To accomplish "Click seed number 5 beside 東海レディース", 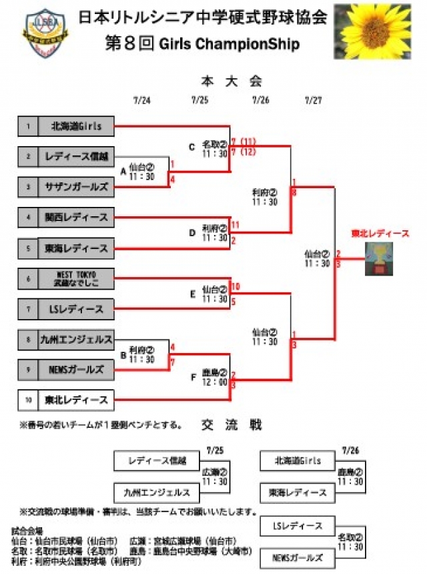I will (x=28, y=248).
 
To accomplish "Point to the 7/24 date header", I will (x=141, y=101).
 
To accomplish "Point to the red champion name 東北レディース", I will (x=380, y=234).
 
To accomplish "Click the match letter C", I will (x=192, y=147).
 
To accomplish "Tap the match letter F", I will (x=193, y=377).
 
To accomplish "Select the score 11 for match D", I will (x=235, y=226).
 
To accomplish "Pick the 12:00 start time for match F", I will (x=215, y=381).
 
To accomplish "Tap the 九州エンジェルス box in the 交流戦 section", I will (x=156, y=493).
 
